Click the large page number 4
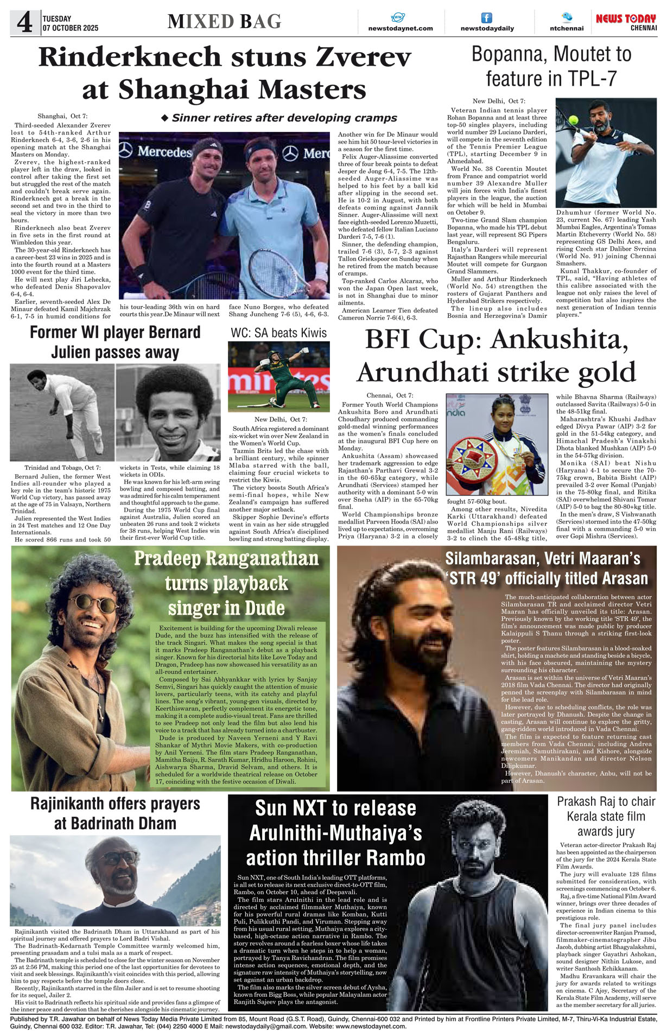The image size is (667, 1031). pos(24,23)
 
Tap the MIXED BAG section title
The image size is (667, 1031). pos(224,21)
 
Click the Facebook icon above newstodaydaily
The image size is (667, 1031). pos(487,18)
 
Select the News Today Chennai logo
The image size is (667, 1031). pos(626,22)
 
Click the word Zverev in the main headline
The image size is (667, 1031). pos(363,57)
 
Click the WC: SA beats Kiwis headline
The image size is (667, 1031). pos(278,333)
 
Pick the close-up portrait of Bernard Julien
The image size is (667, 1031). pos(168,412)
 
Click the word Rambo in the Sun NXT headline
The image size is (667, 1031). pos(395,857)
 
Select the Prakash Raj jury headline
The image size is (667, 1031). pos(606,817)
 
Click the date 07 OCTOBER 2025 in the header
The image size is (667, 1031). pos(71,28)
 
